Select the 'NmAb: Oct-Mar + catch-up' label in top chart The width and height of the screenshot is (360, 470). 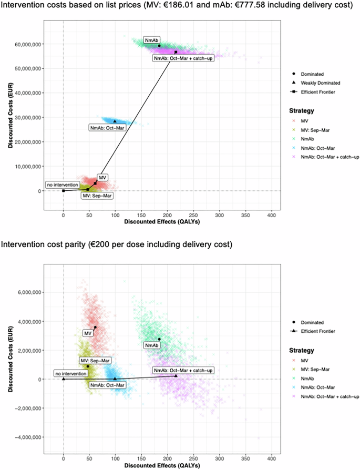click(183, 58)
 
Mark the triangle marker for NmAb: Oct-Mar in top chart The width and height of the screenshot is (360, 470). click(115, 121)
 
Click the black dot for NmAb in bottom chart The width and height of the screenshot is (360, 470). click(159, 339)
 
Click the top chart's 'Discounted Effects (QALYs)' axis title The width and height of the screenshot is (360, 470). click(141, 222)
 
